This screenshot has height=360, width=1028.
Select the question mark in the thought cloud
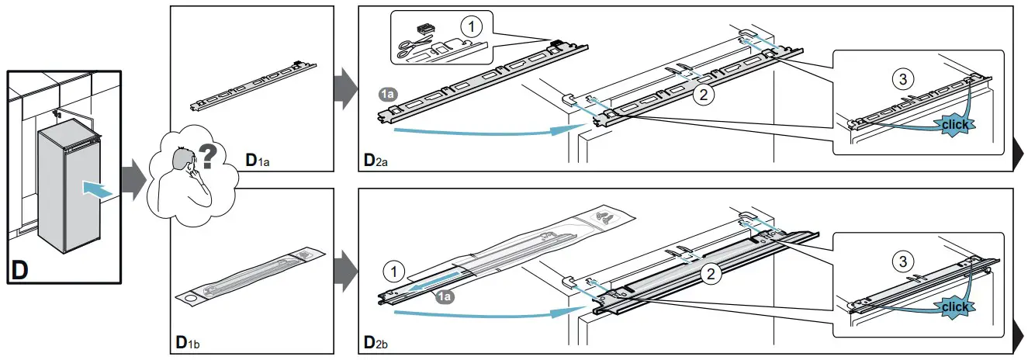tap(209, 158)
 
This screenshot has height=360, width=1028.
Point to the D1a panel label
tap(256, 161)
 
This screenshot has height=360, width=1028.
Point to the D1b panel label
tap(186, 341)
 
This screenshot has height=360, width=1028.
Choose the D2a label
tap(376, 161)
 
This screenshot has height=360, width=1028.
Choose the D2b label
tap(376, 341)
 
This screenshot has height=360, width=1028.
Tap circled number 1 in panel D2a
tap(470, 26)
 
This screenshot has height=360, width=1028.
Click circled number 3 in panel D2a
tap(902, 78)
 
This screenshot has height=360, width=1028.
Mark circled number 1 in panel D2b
tap(395, 272)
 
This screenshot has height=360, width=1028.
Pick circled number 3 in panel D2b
tap(902, 262)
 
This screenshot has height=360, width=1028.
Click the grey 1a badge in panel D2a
tap(388, 94)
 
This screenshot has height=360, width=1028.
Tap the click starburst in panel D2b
tap(954, 307)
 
